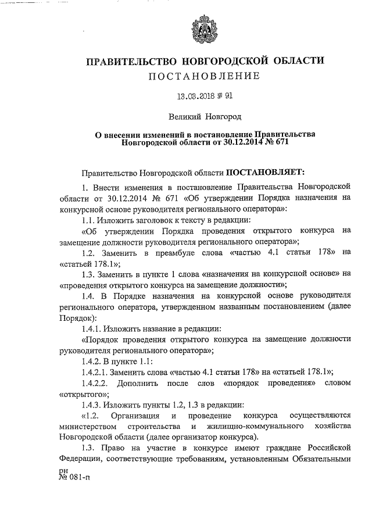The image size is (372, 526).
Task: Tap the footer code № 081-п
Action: coord(76,477)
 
